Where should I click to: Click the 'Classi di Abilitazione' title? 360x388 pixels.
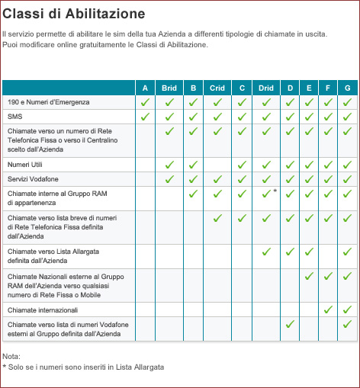[74, 14]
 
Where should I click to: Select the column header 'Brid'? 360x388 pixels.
[169, 88]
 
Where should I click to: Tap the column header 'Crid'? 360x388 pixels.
[217, 88]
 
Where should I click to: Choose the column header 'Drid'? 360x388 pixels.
[266, 88]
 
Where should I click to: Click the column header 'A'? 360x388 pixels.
[145, 88]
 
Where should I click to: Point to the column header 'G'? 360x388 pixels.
[348, 88]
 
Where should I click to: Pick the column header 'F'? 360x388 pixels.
[328, 88]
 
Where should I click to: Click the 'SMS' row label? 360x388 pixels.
[14, 117]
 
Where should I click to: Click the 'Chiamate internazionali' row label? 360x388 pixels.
[43, 310]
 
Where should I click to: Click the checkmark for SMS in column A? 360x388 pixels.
[145, 117]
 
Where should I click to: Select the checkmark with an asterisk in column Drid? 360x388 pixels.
[266, 194]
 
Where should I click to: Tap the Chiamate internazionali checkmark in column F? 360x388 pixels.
[328, 309]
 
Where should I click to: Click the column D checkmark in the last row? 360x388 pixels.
[290, 324]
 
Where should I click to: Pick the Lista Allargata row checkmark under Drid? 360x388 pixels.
[266, 252]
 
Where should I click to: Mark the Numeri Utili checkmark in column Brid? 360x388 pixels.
[169, 165]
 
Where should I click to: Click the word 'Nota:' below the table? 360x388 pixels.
[11, 356]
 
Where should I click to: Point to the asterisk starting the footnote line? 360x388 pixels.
[5, 367]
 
